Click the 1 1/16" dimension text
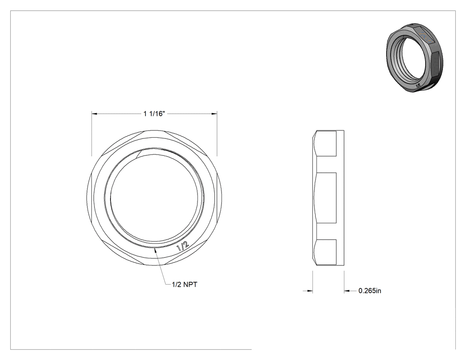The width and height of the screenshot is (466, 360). point(154,114)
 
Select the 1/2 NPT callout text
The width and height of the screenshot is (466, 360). point(184,285)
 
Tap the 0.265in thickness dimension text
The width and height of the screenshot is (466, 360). point(370,291)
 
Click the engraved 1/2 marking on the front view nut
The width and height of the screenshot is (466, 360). point(182,246)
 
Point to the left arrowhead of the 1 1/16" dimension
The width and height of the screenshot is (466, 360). point(95,114)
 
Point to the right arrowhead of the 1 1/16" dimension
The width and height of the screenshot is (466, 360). point(214,114)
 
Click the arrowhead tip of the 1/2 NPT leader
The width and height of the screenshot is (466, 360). point(154,249)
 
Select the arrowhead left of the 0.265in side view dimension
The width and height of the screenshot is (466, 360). point(310,291)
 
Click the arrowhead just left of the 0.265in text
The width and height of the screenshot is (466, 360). point(348,291)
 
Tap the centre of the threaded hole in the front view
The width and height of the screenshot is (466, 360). point(154,198)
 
